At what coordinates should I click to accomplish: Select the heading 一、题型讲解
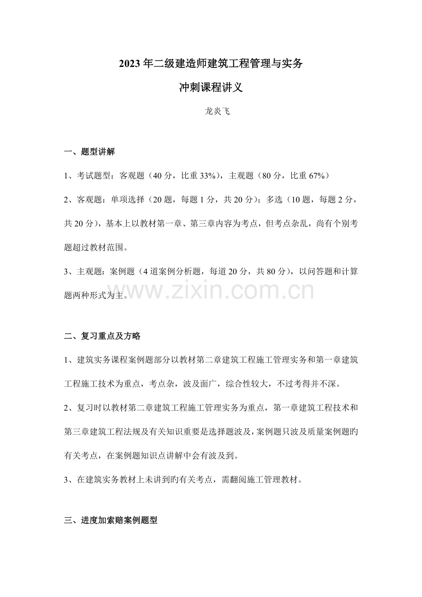point(89,152)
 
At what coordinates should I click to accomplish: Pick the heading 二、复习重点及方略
point(102,336)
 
